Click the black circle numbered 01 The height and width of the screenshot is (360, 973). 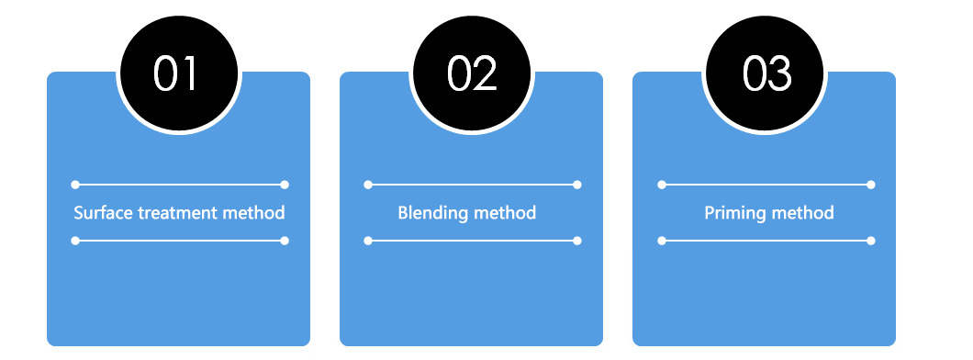point(178,73)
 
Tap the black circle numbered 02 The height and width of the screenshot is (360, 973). point(471,73)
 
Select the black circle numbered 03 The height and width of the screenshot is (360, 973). point(765,73)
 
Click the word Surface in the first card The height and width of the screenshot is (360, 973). point(103,213)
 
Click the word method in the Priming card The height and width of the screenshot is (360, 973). point(803,213)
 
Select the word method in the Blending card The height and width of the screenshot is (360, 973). point(506,213)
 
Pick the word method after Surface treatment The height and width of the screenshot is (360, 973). point(254,213)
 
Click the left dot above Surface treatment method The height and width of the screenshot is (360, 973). point(75,185)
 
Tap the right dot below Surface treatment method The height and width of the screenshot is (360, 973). point(285,241)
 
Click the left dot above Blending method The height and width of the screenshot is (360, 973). point(368,185)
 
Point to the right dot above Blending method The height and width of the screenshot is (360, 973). point(577,185)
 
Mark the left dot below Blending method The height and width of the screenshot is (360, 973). point(368,241)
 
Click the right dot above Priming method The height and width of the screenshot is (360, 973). point(870,185)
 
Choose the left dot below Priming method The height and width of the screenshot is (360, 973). point(662,241)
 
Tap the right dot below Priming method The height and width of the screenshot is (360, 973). point(870,241)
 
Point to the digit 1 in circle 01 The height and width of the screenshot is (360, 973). point(191,73)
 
